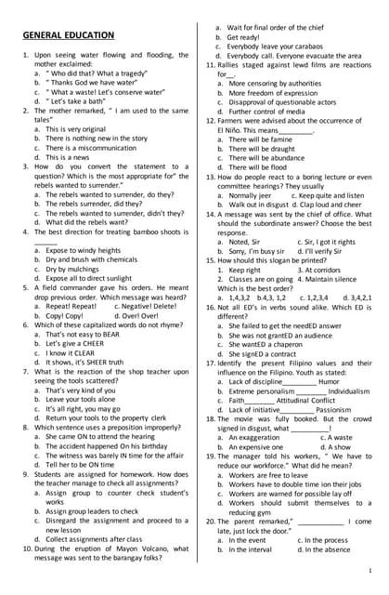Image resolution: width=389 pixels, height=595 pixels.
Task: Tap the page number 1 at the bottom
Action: (370, 569)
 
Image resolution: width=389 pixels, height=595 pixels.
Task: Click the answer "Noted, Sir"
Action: (243, 241)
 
